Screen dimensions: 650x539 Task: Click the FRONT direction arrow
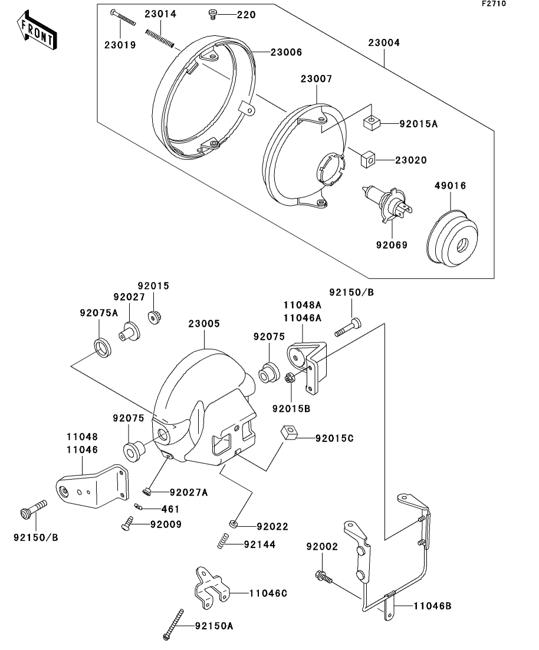pyautogui.click(x=37, y=32)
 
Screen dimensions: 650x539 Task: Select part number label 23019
pyautogui.click(x=120, y=44)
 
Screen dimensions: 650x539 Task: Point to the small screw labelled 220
pyautogui.click(x=213, y=14)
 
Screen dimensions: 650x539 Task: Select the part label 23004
pyautogui.click(x=384, y=43)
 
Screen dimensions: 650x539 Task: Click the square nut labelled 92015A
pyautogui.click(x=371, y=123)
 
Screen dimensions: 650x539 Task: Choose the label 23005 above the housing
pyautogui.click(x=204, y=324)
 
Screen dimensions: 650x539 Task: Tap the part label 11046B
pyautogui.click(x=433, y=605)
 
